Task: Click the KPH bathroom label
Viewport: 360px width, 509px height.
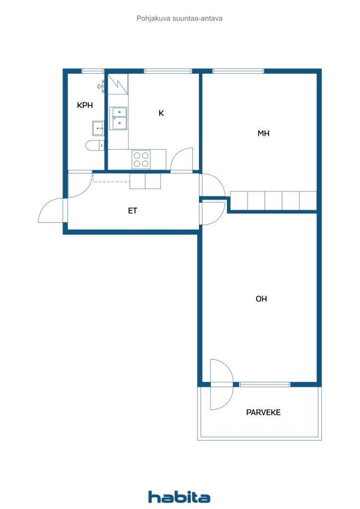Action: point(85,105)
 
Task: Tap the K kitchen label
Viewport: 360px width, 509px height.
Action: point(161,113)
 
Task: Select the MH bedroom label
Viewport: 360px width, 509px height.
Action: point(263,133)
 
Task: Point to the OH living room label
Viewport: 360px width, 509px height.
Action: point(262,299)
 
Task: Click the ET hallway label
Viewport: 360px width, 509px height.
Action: point(132,211)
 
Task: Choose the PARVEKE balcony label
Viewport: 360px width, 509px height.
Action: point(263,412)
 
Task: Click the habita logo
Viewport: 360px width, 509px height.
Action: point(179,497)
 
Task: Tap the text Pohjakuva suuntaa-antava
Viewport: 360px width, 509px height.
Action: point(180,18)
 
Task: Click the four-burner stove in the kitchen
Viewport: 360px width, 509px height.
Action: point(141,160)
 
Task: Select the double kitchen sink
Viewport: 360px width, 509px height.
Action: point(118,118)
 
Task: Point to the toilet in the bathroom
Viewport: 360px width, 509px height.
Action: point(95,146)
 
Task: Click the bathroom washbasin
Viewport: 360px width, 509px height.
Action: point(98,128)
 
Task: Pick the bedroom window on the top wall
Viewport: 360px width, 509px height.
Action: point(238,71)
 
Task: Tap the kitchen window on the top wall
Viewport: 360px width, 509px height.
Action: point(168,71)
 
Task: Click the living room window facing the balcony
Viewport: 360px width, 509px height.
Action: point(265,384)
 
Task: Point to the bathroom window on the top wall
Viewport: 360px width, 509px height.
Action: point(92,71)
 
